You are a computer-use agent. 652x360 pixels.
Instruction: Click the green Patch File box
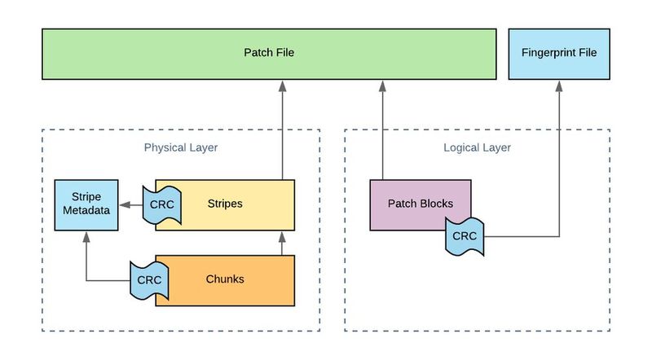click(269, 54)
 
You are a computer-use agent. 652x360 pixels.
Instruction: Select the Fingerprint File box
click(558, 54)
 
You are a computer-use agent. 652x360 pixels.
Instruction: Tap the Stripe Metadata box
click(86, 204)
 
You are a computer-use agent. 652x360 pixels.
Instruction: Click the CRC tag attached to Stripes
click(161, 204)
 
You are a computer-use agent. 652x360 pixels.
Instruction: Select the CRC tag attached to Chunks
click(148, 279)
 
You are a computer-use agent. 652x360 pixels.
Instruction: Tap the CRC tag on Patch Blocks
click(465, 236)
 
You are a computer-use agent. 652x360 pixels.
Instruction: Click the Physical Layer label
click(181, 147)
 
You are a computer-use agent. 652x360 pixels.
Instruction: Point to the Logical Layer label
click(477, 147)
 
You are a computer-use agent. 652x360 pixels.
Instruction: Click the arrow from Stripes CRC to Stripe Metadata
click(130, 204)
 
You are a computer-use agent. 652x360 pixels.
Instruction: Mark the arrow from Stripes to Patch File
click(282, 130)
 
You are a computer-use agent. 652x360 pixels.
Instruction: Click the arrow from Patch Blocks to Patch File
click(381, 130)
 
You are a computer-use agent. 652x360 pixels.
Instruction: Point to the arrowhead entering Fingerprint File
click(560, 86)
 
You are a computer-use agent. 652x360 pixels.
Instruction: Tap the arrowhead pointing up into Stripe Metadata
click(86, 234)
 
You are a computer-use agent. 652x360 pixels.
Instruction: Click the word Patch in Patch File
click(256, 54)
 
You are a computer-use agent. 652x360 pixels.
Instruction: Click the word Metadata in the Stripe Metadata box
click(86, 211)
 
